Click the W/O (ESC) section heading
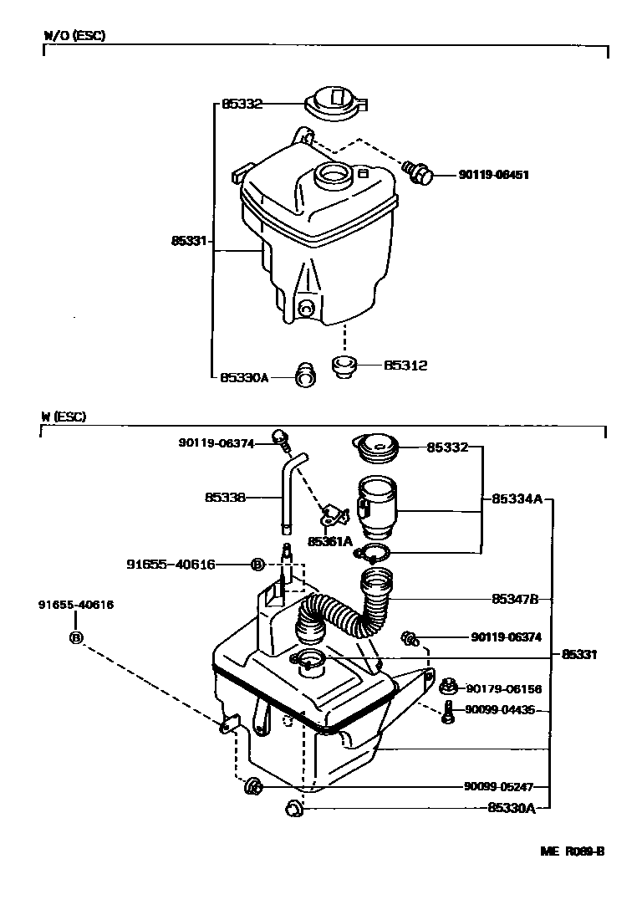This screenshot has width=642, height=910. (x=74, y=36)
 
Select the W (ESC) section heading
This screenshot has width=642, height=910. (x=63, y=417)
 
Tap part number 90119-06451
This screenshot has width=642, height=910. (x=493, y=175)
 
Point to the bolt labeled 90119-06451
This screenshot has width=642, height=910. (x=417, y=171)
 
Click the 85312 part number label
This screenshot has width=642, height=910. (x=405, y=366)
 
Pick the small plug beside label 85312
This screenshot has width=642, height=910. (x=344, y=366)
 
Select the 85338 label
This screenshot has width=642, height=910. (x=225, y=497)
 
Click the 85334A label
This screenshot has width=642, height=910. (x=517, y=498)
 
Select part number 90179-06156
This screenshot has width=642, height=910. (x=503, y=689)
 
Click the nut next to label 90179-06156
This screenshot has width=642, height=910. (x=447, y=688)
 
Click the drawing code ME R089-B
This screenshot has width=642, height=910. (x=572, y=851)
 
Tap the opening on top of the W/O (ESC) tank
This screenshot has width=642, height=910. (x=332, y=176)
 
